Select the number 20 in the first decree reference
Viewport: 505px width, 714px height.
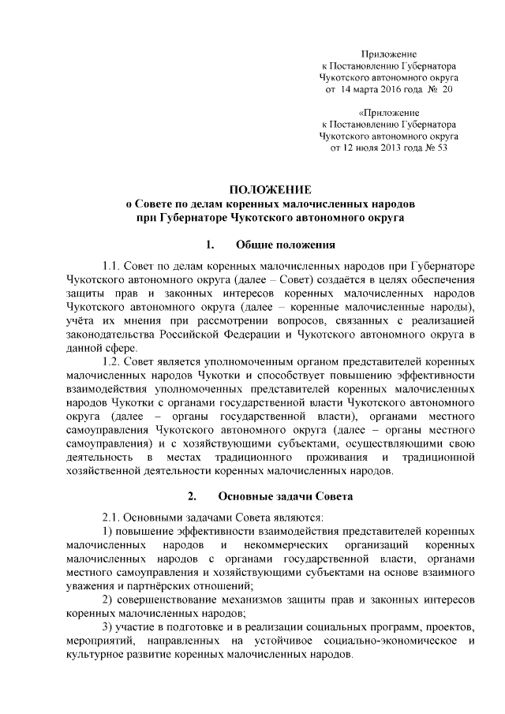point(447,91)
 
